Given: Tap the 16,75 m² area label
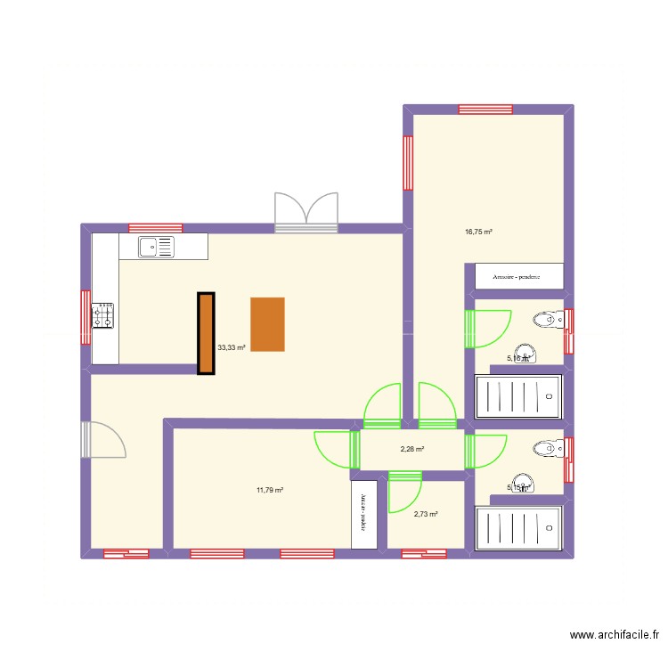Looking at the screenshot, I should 478,232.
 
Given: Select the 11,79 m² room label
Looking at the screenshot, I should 269,490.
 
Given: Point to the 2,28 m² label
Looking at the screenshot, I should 411,450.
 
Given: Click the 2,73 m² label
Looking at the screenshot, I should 427,514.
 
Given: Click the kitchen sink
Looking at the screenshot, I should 158,246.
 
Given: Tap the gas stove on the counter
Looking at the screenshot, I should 104,314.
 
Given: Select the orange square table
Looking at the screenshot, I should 267,324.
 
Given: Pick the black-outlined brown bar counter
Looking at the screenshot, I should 206,333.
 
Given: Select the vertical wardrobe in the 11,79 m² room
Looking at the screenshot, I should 363,514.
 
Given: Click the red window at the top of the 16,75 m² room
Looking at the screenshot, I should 485,110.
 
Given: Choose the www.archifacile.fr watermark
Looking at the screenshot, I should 615,635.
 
